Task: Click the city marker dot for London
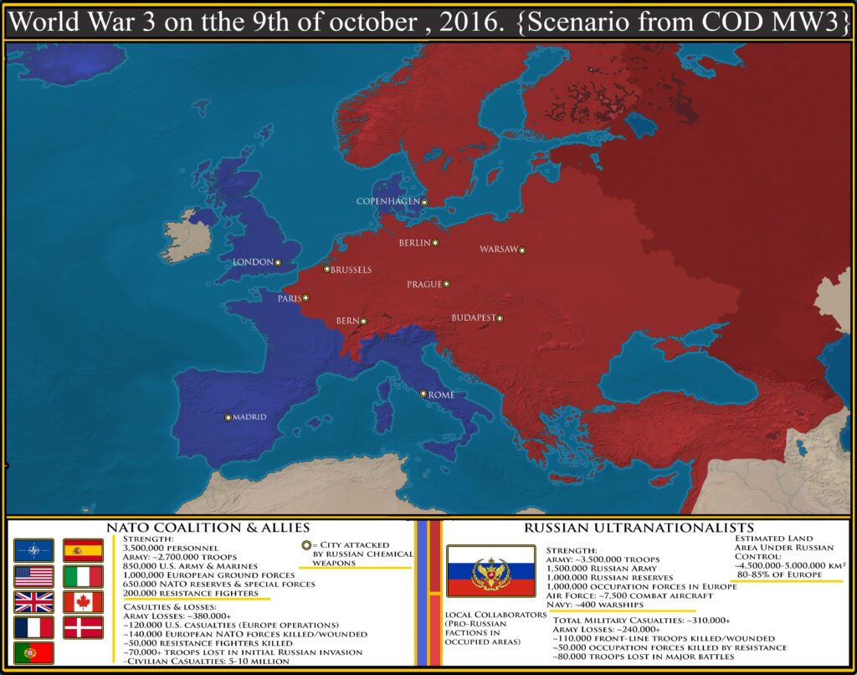click(278, 262)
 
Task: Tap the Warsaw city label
click(498, 250)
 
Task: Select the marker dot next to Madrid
click(228, 417)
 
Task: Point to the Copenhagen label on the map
click(387, 202)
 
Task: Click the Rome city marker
click(423, 394)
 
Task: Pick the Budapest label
click(473, 318)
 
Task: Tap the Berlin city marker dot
click(435, 243)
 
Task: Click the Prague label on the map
click(423, 285)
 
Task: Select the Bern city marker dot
click(363, 321)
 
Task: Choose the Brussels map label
click(352, 270)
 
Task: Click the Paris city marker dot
click(305, 297)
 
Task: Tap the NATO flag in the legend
click(33, 550)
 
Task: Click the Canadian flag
click(83, 601)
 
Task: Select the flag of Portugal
click(33, 652)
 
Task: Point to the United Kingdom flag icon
click(33, 601)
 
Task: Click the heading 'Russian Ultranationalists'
click(639, 528)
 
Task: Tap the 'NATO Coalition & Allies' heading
click(208, 528)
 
